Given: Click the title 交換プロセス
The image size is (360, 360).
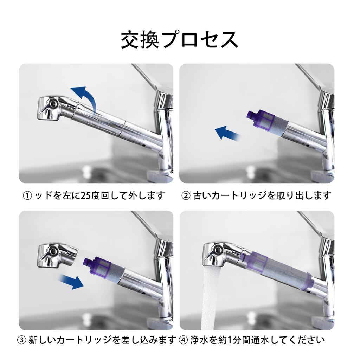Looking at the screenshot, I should (180, 40).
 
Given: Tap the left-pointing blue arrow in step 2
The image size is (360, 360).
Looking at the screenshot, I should (226, 133).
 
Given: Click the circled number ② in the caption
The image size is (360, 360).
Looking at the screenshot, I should (186, 195).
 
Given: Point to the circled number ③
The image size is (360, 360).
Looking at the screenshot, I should (22, 340).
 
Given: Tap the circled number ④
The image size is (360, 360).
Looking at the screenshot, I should (184, 340).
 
